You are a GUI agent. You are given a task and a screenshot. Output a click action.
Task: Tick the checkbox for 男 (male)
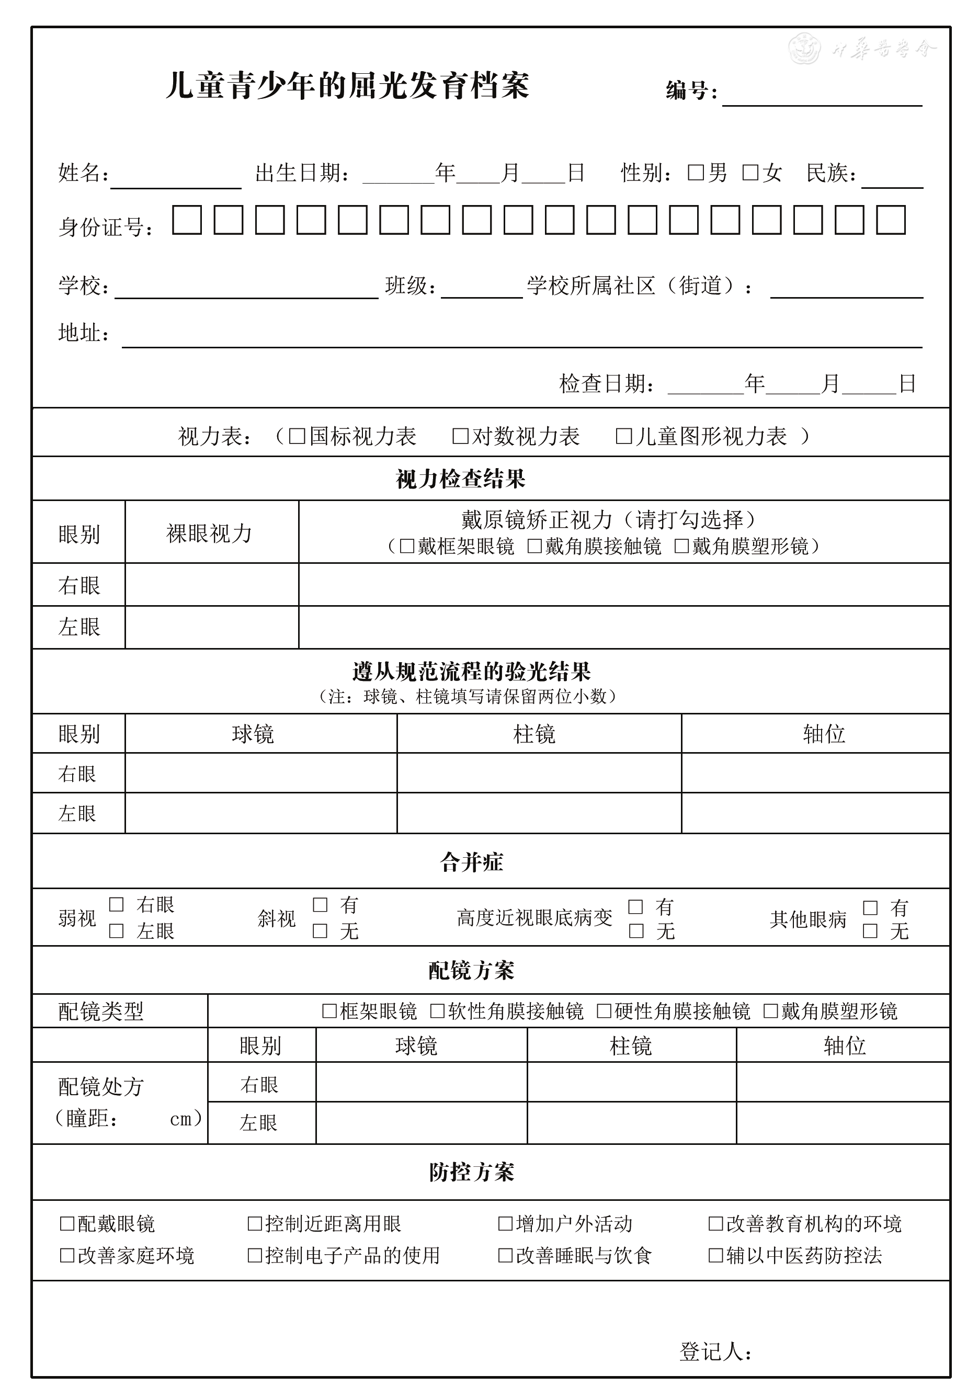(x=696, y=173)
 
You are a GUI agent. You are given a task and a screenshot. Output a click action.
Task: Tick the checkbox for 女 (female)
(x=749, y=173)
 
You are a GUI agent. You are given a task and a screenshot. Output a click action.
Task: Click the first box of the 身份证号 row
(x=187, y=220)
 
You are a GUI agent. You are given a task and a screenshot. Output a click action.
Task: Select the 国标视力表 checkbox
(x=297, y=436)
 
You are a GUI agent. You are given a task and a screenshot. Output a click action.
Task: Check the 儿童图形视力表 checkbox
(x=623, y=436)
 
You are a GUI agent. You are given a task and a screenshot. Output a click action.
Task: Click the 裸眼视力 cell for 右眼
(x=211, y=584)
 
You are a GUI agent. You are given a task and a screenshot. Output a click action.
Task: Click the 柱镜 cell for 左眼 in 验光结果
(x=539, y=813)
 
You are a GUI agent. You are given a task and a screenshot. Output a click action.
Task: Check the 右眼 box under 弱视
(x=117, y=904)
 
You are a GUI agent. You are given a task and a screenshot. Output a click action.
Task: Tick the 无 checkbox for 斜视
(x=320, y=931)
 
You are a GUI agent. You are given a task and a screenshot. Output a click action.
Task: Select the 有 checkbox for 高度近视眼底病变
(x=635, y=907)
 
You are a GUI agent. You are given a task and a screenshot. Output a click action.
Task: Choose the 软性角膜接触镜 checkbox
(x=437, y=1010)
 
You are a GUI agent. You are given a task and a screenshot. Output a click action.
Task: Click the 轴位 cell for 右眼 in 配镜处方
(x=842, y=1082)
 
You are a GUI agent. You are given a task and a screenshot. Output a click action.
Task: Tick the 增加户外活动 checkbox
(x=505, y=1224)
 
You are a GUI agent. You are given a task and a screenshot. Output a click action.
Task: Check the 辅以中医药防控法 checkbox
(x=715, y=1256)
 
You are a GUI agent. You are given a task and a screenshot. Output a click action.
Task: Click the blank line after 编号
(x=822, y=97)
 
